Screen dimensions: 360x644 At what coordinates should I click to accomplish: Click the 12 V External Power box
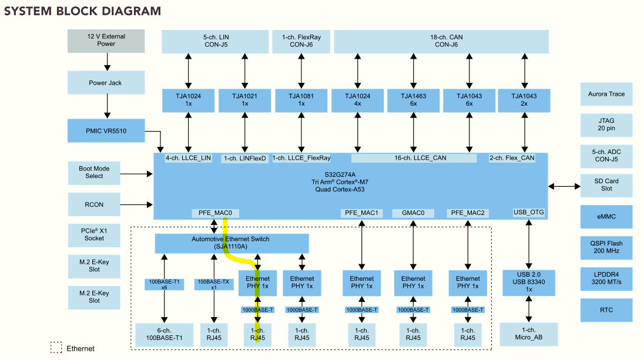(x=106, y=40)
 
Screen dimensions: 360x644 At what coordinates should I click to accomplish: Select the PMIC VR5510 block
(x=106, y=131)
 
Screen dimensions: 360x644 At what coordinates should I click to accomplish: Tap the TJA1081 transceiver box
(x=301, y=100)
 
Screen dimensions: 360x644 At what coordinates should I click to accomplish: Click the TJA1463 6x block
(x=413, y=100)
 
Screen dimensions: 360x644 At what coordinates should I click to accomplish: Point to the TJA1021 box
(x=244, y=100)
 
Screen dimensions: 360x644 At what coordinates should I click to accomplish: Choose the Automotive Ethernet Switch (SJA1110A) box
(x=232, y=243)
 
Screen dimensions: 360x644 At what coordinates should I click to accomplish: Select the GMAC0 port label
(x=412, y=213)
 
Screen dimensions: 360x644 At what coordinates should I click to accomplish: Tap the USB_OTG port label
(x=529, y=213)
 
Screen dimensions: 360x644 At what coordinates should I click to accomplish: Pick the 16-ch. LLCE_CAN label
(x=414, y=158)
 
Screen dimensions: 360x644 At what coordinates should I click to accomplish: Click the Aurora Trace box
(x=606, y=94)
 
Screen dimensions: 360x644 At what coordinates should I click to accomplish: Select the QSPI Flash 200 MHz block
(x=606, y=247)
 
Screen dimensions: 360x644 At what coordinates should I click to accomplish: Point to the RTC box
(x=606, y=310)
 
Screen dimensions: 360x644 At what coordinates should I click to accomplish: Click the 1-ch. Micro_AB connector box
(x=529, y=334)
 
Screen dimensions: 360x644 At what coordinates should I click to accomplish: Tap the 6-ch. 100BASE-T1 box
(x=164, y=334)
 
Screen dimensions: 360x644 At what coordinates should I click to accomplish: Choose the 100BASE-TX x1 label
(x=213, y=285)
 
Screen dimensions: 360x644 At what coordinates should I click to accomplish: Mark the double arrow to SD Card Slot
(x=563, y=186)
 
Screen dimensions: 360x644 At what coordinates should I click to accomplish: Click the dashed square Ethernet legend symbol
(x=56, y=348)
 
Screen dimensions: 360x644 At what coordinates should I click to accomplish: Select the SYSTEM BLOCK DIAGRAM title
(x=82, y=11)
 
